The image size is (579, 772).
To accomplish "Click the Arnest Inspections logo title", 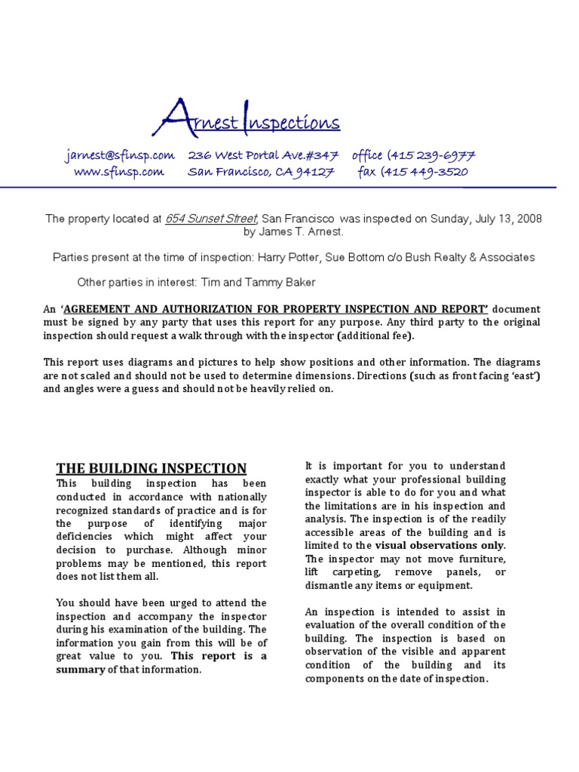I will (251, 119).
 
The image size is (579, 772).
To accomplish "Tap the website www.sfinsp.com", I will (118, 172).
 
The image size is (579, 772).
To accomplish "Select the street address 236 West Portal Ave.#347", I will (263, 155).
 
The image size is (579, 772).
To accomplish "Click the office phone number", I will (412, 155).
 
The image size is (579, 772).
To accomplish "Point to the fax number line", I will (412, 172).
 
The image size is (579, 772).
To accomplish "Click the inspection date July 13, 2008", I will (507, 219).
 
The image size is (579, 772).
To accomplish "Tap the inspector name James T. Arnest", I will (293, 232).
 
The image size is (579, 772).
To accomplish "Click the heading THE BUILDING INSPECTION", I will (152, 468).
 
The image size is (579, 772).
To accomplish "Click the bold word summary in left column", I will (81, 669).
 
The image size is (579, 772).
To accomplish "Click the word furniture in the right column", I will (479, 559).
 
